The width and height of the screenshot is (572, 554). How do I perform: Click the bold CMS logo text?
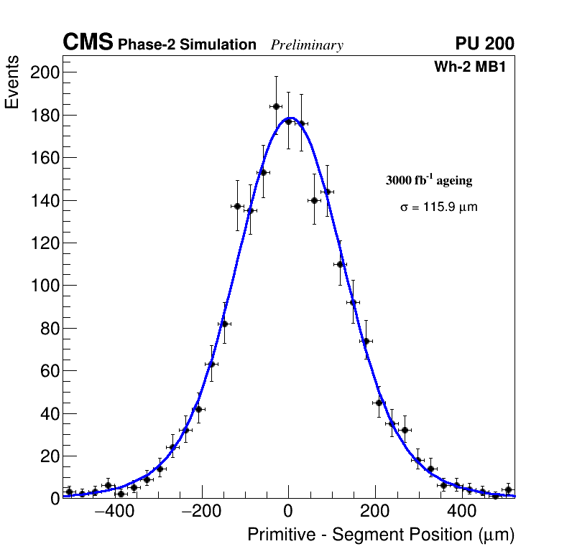(88, 43)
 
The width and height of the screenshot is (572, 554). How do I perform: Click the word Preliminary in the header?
(307, 45)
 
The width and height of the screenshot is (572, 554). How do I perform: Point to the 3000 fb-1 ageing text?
(429, 180)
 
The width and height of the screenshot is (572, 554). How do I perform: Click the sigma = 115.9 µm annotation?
(438, 207)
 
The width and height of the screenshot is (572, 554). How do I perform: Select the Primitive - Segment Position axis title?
(381, 535)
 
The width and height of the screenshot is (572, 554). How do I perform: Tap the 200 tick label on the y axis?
(45, 72)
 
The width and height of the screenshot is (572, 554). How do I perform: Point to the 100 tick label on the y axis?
(45, 286)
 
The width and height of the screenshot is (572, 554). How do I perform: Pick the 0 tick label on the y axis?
(55, 499)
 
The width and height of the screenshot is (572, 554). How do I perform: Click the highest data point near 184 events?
(276, 106)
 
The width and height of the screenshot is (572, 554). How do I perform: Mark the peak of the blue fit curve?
(290, 118)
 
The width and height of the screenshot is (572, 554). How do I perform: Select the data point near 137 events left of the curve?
(237, 206)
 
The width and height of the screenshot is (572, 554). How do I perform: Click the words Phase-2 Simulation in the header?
(187, 45)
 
